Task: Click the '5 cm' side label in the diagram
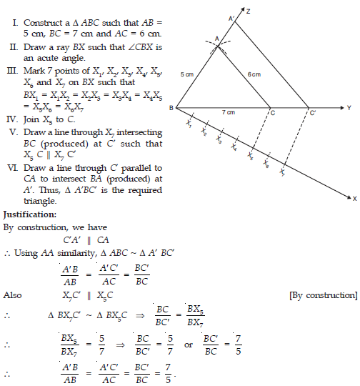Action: pyautogui.click(x=187, y=74)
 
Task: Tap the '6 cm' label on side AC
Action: pyautogui.click(x=254, y=74)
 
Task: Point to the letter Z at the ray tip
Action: pyautogui.click(x=247, y=11)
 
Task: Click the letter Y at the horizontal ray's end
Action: pyautogui.click(x=349, y=109)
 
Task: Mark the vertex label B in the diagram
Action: pyautogui.click(x=171, y=109)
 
